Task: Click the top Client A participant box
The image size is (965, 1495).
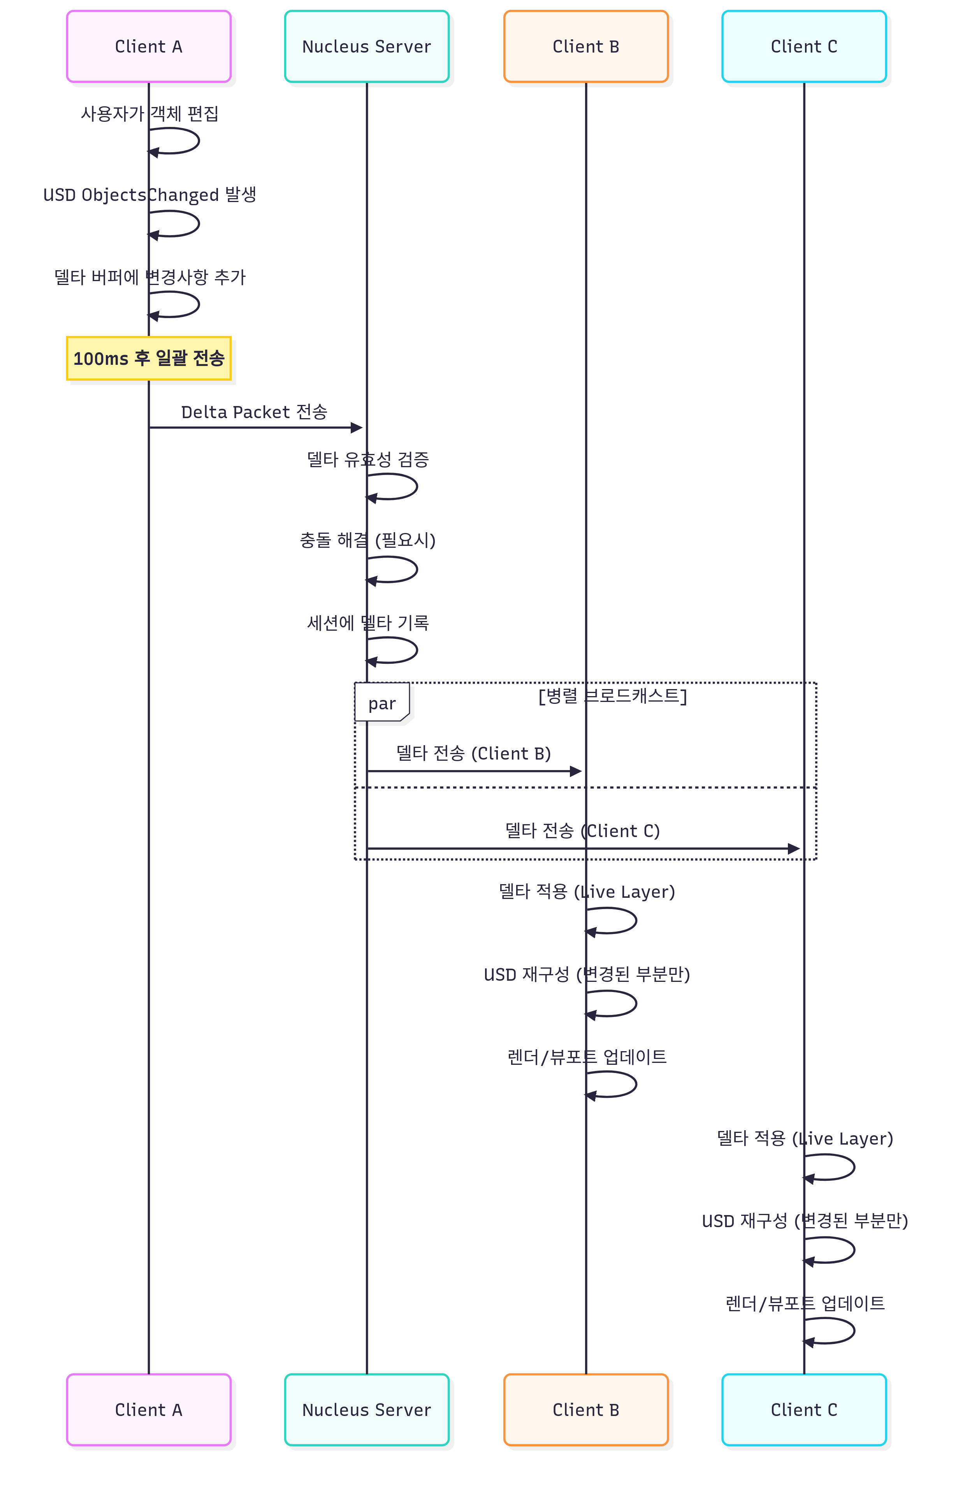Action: pyautogui.click(x=149, y=46)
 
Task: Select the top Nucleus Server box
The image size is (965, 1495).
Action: pyautogui.click(x=367, y=46)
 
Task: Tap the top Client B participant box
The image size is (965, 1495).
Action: pyautogui.click(x=586, y=46)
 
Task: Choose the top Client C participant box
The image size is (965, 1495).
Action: pyautogui.click(x=804, y=46)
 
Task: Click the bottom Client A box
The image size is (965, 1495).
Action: pyautogui.click(x=149, y=1410)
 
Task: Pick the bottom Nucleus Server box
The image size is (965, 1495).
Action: pyautogui.click(x=367, y=1410)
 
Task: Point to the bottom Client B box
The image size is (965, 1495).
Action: pyautogui.click(x=586, y=1410)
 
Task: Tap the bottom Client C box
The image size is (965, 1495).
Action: pyautogui.click(x=804, y=1410)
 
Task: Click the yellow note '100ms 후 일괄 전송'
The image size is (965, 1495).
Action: pyautogui.click(x=149, y=359)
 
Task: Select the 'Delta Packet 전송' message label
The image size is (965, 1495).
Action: pyautogui.click(x=254, y=412)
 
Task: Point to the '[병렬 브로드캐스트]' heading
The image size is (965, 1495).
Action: pyautogui.click(x=612, y=695)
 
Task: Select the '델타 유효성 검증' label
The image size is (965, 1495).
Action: pyautogui.click(x=368, y=459)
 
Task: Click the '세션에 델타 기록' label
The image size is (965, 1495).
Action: pyautogui.click(x=368, y=622)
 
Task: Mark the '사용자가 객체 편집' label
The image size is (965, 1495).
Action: pyautogui.click(x=150, y=113)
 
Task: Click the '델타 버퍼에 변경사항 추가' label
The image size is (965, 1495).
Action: pyautogui.click(x=150, y=276)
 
